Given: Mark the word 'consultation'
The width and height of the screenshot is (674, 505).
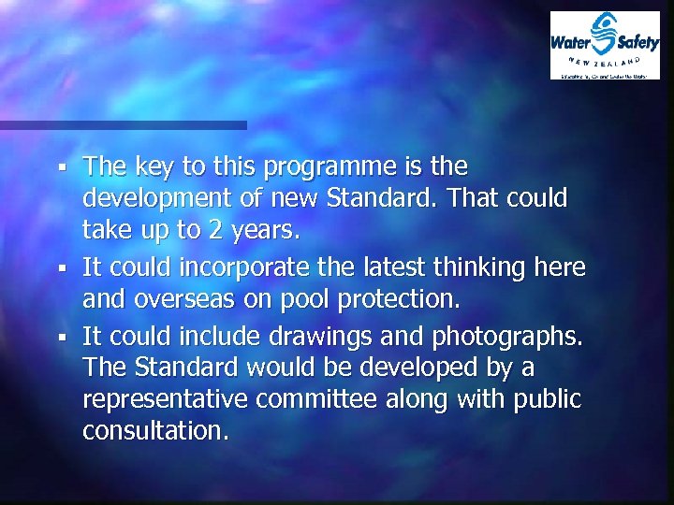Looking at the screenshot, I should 154,432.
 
